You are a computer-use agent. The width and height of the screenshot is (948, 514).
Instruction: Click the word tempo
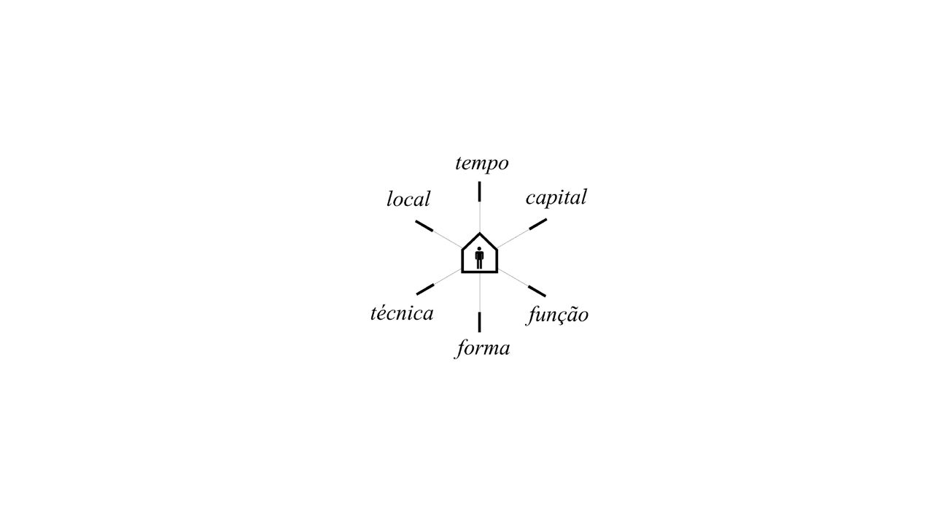click(x=481, y=164)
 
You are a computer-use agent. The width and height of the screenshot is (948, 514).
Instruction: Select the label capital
click(x=556, y=197)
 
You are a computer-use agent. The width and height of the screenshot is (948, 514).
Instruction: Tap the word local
click(x=408, y=199)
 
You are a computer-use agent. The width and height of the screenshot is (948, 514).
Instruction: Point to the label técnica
click(x=402, y=313)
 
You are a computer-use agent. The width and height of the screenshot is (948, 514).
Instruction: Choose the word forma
click(x=482, y=348)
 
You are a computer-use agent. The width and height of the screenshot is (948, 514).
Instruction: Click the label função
click(x=557, y=315)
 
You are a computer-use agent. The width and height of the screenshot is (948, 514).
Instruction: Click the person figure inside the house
click(x=480, y=258)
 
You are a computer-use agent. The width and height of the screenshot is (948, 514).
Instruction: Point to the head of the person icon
click(x=480, y=249)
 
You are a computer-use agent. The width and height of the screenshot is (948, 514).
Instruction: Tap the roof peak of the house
click(x=480, y=233)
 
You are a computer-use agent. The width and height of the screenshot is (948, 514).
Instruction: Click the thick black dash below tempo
click(x=480, y=191)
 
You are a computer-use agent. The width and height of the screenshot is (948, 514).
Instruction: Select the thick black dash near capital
click(x=538, y=224)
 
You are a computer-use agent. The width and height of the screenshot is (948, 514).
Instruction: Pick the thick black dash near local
click(x=424, y=226)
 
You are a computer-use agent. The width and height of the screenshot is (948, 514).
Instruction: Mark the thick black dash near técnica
click(x=425, y=289)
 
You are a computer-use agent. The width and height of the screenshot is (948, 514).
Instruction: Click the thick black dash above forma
click(x=480, y=322)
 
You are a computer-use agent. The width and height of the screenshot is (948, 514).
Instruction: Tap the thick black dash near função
click(x=537, y=291)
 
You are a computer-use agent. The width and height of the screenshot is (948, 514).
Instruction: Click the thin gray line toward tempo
click(x=480, y=217)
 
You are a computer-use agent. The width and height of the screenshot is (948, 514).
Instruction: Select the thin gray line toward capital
click(x=513, y=238)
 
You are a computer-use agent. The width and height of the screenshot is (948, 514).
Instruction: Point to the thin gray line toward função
click(x=513, y=278)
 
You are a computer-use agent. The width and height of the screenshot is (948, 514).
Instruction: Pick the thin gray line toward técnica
click(x=448, y=276)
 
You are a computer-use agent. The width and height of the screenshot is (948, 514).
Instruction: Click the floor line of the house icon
click(x=480, y=272)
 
